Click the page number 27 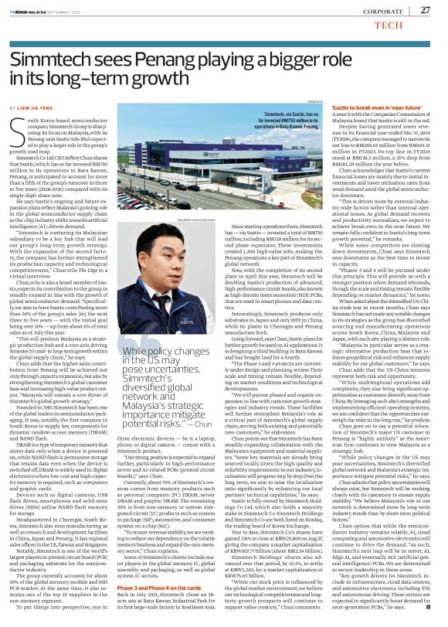425,9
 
